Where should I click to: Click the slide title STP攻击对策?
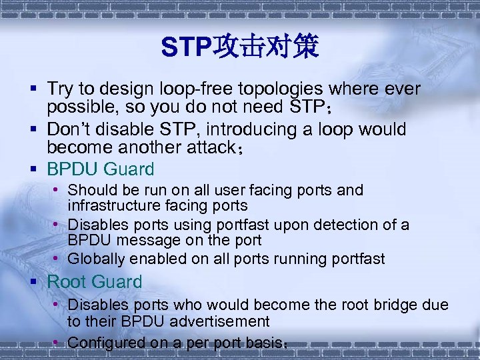pos(240,47)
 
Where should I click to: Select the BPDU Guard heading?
pos(100,169)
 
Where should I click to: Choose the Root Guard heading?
pos(95,282)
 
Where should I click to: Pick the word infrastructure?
pos(111,205)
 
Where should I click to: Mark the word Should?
pos(90,190)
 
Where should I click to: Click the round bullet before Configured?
pos(58,342)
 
